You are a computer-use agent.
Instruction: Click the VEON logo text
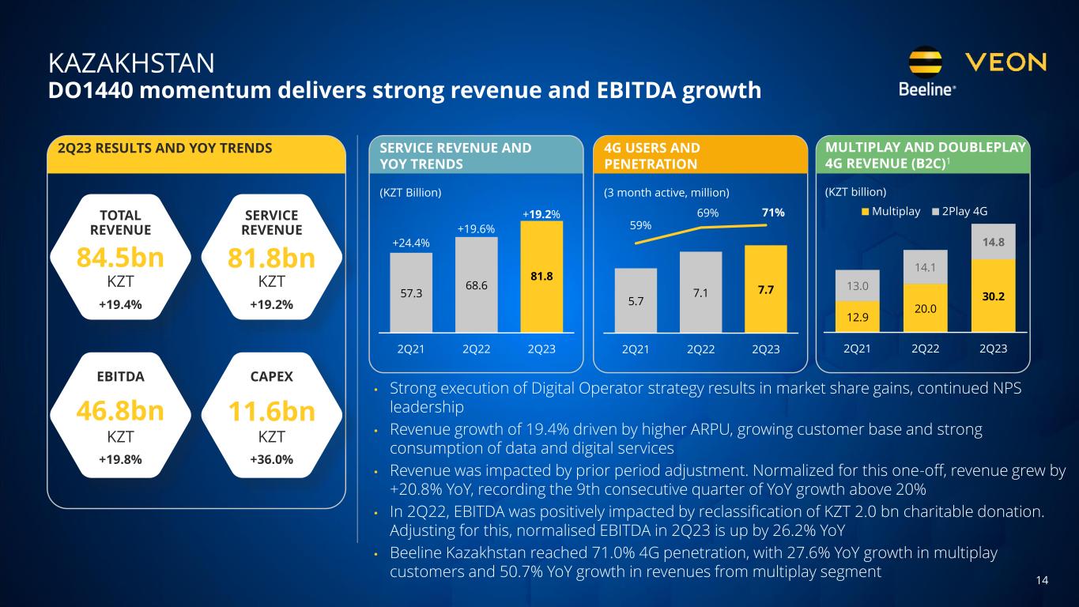pyautogui.click(x=1006, y=62)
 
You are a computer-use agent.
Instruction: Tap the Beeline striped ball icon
pyautogui.click(x=926, y=62)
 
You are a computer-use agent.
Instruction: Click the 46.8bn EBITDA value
pyautogui.click(x=120, y=413)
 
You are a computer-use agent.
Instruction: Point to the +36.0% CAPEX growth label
pyautogui.click(x=271, y=459)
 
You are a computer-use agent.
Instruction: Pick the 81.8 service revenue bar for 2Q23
pyautogui.click(x=541, y=277)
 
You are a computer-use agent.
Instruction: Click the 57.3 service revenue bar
pyautogui.click(x=411, y=292)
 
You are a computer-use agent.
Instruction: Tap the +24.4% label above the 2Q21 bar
pyautogui.click(x=410, y=243)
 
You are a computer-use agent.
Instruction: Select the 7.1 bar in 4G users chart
pyautogui.click(x=700, y=292)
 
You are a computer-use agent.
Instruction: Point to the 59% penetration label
pyautogui.click(x=640, y=225)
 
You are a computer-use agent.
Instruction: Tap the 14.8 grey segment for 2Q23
pyautogui.click(x=993, y=242)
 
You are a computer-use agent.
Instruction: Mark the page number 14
pyautogui.click(x=1042, y=581)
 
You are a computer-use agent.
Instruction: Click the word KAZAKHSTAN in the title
pyautogui.click(x=131, y=62)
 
